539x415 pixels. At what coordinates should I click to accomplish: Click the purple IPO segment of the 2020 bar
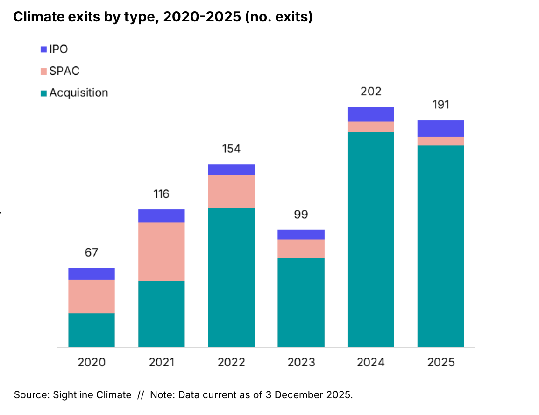[x=92, y=274]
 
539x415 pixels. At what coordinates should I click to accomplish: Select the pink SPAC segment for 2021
[x=161, y=251]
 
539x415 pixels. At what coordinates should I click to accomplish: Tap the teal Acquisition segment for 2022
[x=231, y=277]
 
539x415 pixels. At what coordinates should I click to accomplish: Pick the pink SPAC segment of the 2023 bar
[x=301, y=249]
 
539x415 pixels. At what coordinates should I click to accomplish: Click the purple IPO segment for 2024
[x=370, y=114]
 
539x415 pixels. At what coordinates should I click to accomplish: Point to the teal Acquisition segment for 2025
[x=440, y=246]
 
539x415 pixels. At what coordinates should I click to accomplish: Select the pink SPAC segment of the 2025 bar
[x=440, y=141]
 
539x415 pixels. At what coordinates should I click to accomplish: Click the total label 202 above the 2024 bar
[x=370, y=91]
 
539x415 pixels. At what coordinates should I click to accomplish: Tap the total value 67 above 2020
[x=92, y=252]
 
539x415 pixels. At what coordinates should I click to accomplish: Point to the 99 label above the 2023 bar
[x=301, y=215]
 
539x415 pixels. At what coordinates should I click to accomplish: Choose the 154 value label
[x=231, y=149]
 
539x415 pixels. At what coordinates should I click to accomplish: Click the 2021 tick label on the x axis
[x=161, y=362]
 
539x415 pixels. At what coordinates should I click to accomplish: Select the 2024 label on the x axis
[x=370, y=362]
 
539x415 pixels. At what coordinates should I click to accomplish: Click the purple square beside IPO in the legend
[x=43, y=49]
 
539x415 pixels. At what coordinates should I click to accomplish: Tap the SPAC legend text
[x=64, y=71]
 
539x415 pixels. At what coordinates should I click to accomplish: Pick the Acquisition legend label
[x=78, y=93]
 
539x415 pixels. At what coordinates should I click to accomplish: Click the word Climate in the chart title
[x=36, y=18]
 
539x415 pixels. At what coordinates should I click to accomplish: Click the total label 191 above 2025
[x=440, y=104]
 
